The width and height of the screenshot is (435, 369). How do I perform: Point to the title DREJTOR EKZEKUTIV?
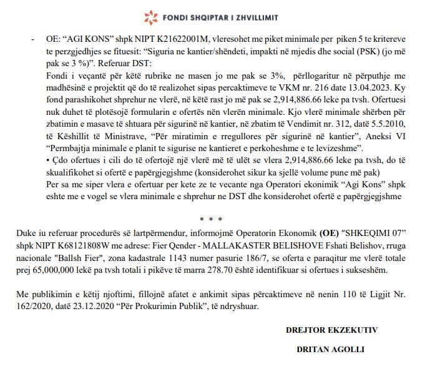(340, 328)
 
